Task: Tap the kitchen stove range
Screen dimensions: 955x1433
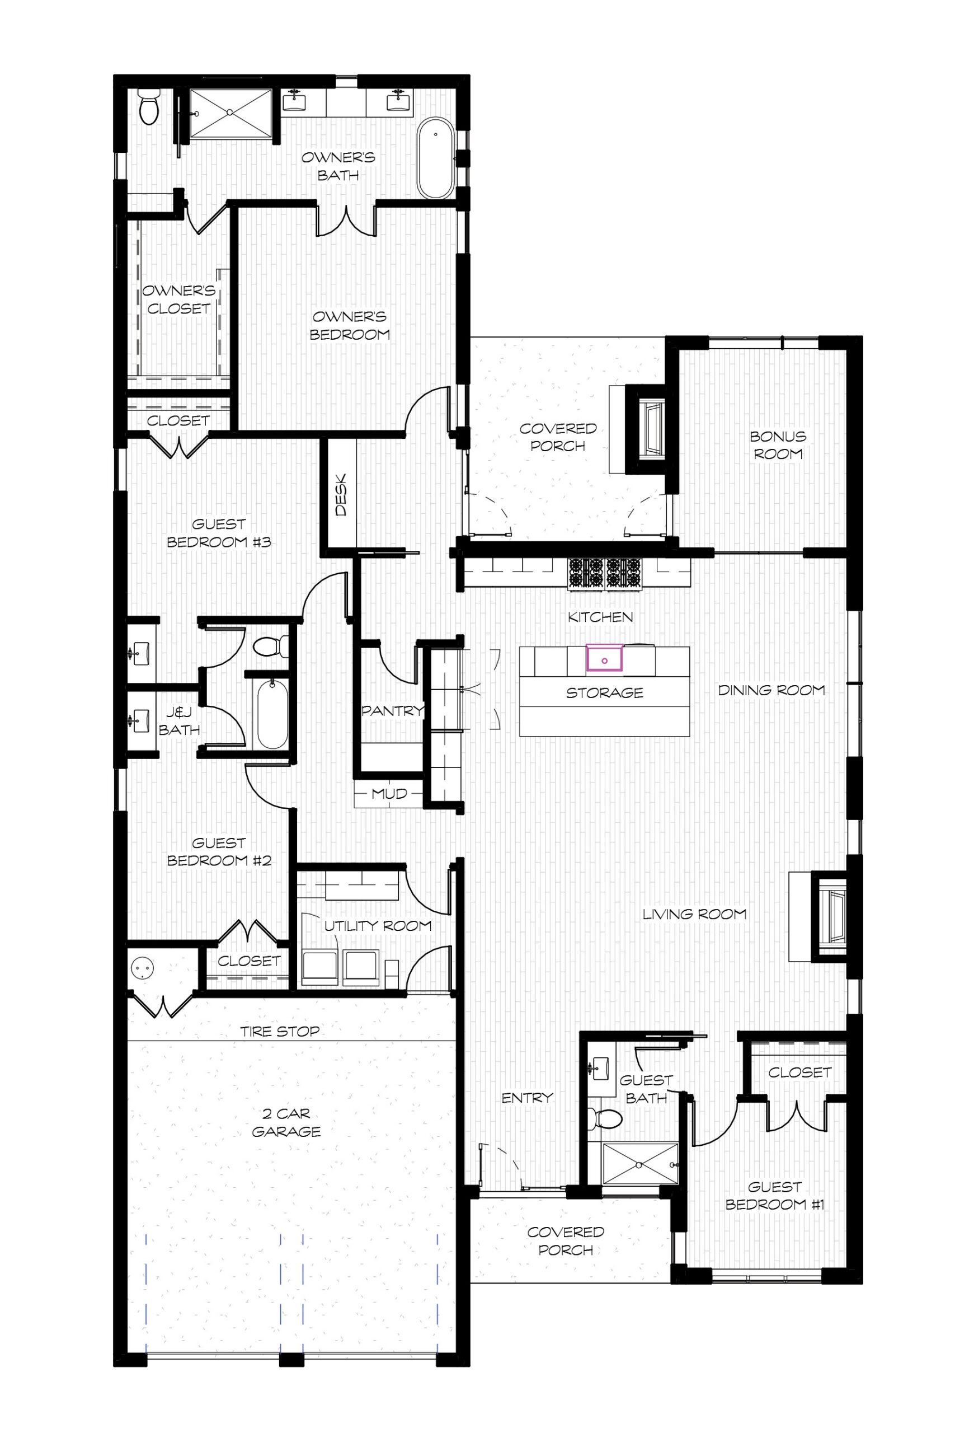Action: pyautogui.click(x=605, y=574)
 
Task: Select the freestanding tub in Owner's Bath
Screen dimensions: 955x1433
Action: pyautogui.click(x=435, y=158)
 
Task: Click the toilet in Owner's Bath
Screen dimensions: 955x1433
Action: pyautogui.click(x=149, y=106)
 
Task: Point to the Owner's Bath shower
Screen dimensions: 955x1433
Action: pyautogui.click(x=231, y=113)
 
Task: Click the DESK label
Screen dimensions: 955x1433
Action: pyautogui.click(x=341, y=495)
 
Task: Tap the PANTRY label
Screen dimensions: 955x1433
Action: pyautogui.click(x=392, y=710)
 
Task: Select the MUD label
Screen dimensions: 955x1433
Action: pyautogui.click(x=389, y=794)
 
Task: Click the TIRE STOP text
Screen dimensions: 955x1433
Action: pyautogui.click(x=280, y=1031)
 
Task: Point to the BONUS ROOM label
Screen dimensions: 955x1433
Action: pyautogui.click(x=778, y=445)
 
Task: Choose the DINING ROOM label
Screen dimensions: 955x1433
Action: pyautogui.click(x=771, y=690)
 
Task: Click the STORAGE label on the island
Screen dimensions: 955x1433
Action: pyautogui.click(x=605, y=693)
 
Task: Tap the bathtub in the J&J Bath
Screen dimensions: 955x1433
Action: pyautogui.click(x=272, y=714)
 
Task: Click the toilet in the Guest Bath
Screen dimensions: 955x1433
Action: pyautogui.click(x=606, y=1118)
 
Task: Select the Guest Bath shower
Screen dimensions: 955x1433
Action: pyautogui.click(x=640, y=1164)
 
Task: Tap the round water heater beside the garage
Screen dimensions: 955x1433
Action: pyautogui.click(x=143, y=968)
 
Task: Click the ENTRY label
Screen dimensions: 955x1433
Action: pyautogui.click(x=528, y=1097)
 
